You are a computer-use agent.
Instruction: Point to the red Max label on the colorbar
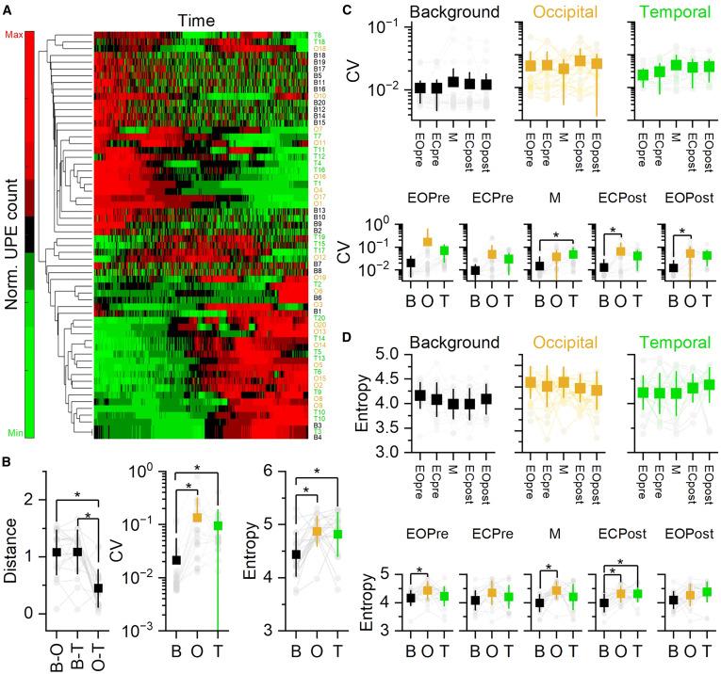click(x=12, y=35)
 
